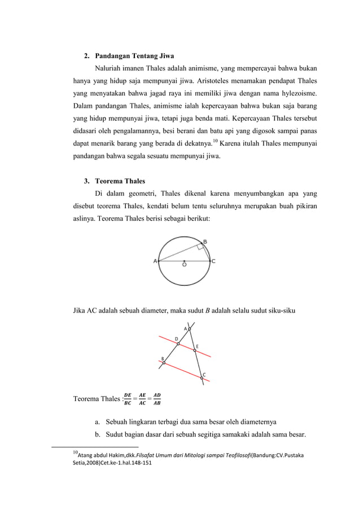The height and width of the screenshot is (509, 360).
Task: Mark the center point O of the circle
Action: pyautogui.click(x=185, y=261)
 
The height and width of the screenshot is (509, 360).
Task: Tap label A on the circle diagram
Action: pyautogui.click(x=155, y=261)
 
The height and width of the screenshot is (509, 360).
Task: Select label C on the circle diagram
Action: pyautogui.click(x=213, y=261)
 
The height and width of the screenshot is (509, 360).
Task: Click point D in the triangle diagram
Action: pyautogui.click(x=177, y=343)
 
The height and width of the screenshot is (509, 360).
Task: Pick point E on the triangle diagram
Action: pyautogui.click(x=195, y=350)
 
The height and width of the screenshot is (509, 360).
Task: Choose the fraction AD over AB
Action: pyautogui.click(x=156, y=400)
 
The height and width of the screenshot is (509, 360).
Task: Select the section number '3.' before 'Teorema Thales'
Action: pyautogui.click(x=87, y=182)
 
